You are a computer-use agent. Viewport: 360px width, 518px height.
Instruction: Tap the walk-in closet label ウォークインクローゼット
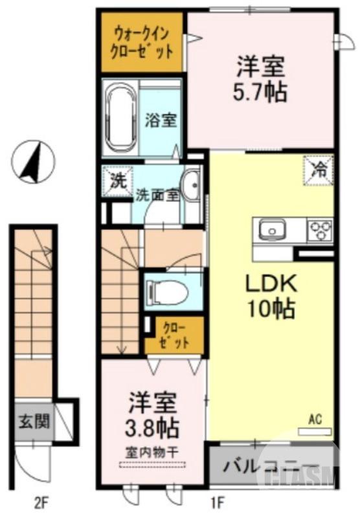coord(143,41)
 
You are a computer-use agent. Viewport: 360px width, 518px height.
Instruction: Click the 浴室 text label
coord(160,120)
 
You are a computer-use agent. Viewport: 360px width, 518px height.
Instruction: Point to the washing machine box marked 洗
coord(117,181)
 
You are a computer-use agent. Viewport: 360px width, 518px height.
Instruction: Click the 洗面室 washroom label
coord(157,196)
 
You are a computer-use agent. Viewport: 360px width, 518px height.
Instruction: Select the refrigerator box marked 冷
coord(319,170)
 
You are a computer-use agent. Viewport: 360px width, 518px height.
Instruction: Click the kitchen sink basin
coord(271,230)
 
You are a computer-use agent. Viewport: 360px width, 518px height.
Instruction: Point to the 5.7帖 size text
coord(260,91)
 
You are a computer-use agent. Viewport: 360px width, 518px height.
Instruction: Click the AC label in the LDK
coord(315,419)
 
